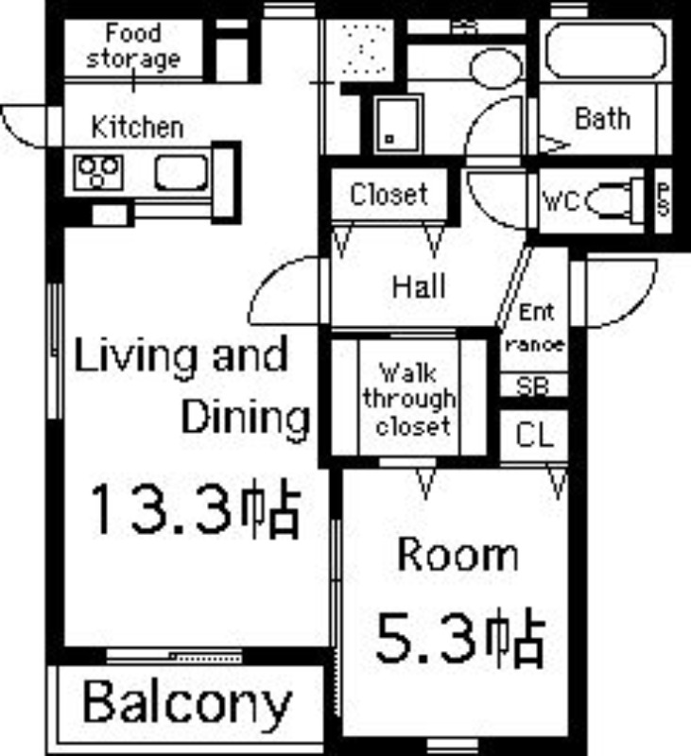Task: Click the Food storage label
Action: (133, 47)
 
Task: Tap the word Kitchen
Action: (138, 128)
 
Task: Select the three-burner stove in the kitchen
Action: (98, 173)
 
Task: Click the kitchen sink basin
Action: (181, 172)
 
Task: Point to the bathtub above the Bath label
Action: (606, 50)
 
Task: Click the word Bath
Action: (603, 119)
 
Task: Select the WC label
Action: (561, 201)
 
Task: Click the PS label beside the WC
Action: (664, 198)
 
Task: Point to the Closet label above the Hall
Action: (389, 195)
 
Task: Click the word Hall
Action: (419, 286)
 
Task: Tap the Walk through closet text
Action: (409, 400)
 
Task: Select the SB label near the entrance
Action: (532, 386)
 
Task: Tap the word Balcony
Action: (187, 702)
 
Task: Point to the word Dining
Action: (246, 419)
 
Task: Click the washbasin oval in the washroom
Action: (496, 67)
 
